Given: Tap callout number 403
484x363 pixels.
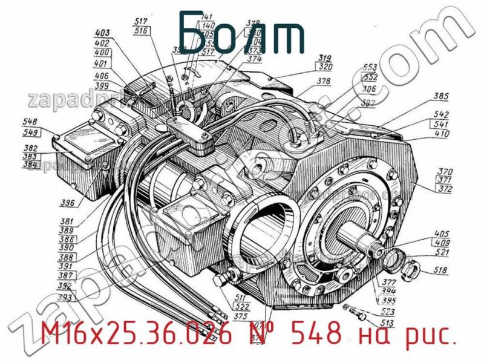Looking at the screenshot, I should click(x=103, y=34).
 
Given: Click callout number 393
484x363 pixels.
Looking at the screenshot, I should click(x=65, y=297).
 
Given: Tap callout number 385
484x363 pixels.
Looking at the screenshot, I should click(x=441, y=96).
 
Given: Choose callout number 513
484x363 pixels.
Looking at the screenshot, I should click(x=388, y=322).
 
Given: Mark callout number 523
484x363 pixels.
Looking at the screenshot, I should click(x=388, y=312).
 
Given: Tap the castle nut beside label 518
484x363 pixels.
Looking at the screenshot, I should click(x=410, y=267).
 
